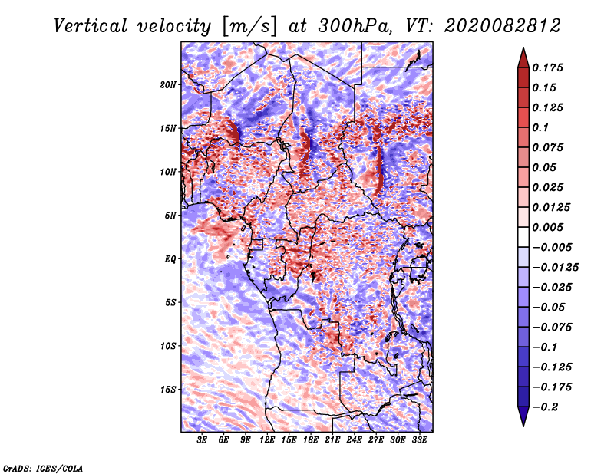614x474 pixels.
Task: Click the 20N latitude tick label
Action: (x=168, y=85)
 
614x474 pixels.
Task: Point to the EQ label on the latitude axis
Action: (x=170, y=259)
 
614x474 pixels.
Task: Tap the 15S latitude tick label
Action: (x=168, y=390)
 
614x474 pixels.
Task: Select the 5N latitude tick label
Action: (x=170, y=216)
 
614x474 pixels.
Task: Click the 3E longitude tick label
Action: (x=202, y=440)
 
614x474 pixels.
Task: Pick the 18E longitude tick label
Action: (x=311, y=440)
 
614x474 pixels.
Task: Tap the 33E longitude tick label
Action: (x=419, y=440)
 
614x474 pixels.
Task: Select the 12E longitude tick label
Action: (x=267, y=440)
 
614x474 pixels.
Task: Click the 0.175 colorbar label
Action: (x=547, y=67)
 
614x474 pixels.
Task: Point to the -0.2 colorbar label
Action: (x=545, y=407)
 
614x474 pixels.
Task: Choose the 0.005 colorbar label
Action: (x=547, y=227)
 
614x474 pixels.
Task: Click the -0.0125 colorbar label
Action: (x=555, y=268)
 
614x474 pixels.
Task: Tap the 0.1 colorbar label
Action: (x=541, y=127)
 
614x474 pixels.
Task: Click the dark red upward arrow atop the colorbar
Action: (x=523, y=58)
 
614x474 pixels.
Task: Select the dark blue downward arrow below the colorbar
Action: (x=523, y=416)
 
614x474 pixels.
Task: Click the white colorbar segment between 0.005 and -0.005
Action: (x=523, y=237)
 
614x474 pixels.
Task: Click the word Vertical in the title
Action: (x=91, y=26)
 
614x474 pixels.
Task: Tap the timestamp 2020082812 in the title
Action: (x=502, y=26)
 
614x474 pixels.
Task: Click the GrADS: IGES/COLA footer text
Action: (x=43, y=468)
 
